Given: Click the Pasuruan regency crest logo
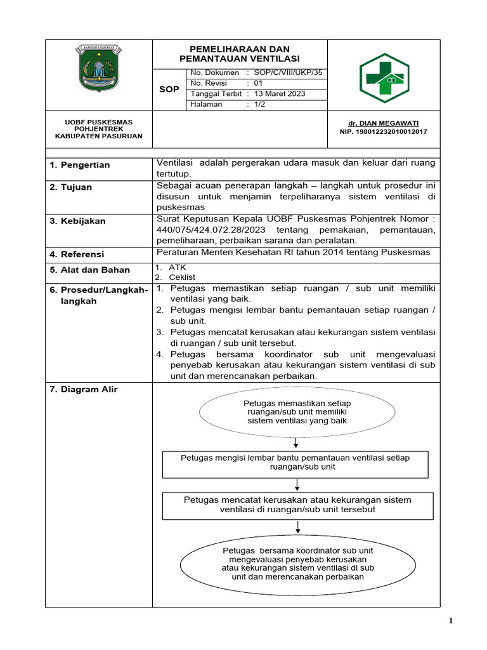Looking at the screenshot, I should [x=98, y=67].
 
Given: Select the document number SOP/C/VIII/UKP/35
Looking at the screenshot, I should [x=288, y=73].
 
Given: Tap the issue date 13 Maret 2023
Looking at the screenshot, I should [x=280, y=94].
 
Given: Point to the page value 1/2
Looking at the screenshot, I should [x=260, y=105].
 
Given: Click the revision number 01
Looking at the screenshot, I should [x=258, y=83].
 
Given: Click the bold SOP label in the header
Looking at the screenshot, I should [x=169, y=90].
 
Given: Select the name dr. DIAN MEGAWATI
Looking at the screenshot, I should [x=383, y=123].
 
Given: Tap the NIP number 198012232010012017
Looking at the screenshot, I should [x=383, y=131].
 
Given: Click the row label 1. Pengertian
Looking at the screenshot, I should [x=80, y=165].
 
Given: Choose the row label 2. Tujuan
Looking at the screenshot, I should [x=71, y=187].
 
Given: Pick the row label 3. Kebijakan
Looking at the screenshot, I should [x=78, y=221].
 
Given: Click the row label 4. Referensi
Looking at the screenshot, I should [x=77, y=255].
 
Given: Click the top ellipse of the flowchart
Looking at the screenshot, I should [x=297, y=412].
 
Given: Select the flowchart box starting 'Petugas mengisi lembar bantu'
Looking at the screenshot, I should [x=295, y=464].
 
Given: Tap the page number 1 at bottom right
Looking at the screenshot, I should [x=451, y=621].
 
